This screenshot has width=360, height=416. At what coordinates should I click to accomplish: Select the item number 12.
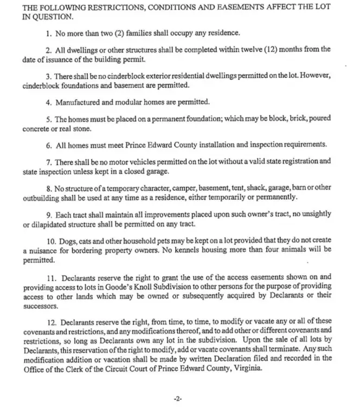pyautogui.click(x=58, y=322)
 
